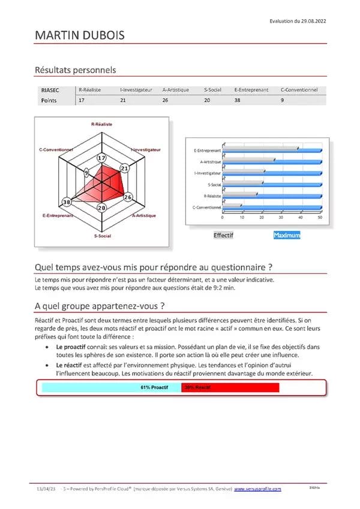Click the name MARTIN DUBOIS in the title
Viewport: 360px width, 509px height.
pyautogui.click(x=79, y=36)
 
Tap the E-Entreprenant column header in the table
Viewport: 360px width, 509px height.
pyautogui.click(x=251, y=90)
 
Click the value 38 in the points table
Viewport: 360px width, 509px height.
pyautogui.click(x=238, y=100)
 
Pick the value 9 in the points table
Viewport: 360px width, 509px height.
pyautogui.click(x=282, y=100)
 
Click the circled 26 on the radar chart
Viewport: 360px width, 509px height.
pyautogui.click(x=127, y=197)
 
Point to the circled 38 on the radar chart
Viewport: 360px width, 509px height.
pyautogui.click(x=67, y=201)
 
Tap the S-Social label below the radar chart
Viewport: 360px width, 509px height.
pyautogui.click(x=101, y=236)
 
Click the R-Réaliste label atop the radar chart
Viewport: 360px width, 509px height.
pyautogui.click(x=101, y=124)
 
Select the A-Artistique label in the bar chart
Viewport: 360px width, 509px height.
pyautogui.click(x=210, y=161)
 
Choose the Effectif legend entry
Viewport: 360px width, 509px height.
pyautogui.click(x=223, y=235)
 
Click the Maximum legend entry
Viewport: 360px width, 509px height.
pyautogui.click(x=286, y=235)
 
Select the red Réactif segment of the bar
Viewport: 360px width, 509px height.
pyautogui.click(x=230, y=387)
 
